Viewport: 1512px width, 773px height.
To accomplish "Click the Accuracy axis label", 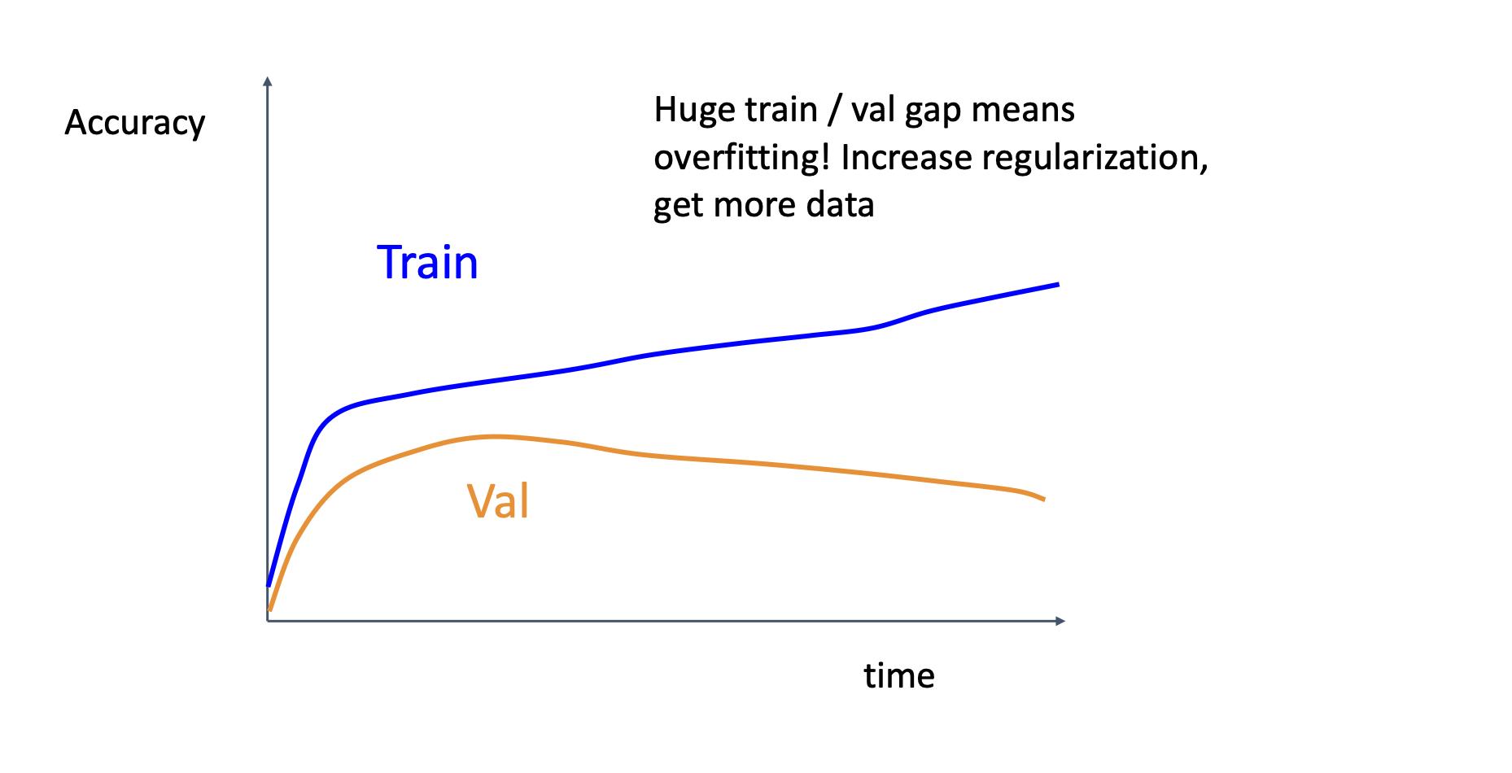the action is (x=135, y=123).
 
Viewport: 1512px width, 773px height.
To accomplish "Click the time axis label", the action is (x=899, y=675).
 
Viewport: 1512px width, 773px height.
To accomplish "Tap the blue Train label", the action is (x=427, y=262).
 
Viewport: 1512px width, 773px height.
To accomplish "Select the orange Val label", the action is (x=498, y=500).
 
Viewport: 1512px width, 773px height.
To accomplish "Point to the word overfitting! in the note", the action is (x=741, y=158).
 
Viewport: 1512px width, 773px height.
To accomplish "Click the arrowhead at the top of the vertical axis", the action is (x=268, y=81).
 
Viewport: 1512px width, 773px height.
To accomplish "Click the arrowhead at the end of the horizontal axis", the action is (x=1060, y=621).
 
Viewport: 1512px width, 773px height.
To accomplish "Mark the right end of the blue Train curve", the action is (x=1058, y=284).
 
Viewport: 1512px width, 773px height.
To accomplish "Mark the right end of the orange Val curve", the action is (x=1043, y=499).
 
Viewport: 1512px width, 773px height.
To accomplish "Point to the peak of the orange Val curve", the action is (x=493, y=437).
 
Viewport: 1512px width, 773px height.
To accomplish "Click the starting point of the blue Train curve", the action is (x=269, y=584).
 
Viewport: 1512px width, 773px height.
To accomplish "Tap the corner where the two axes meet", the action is (x=268, y=621).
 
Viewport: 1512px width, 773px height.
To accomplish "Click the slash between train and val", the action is (x=834, y=111).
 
